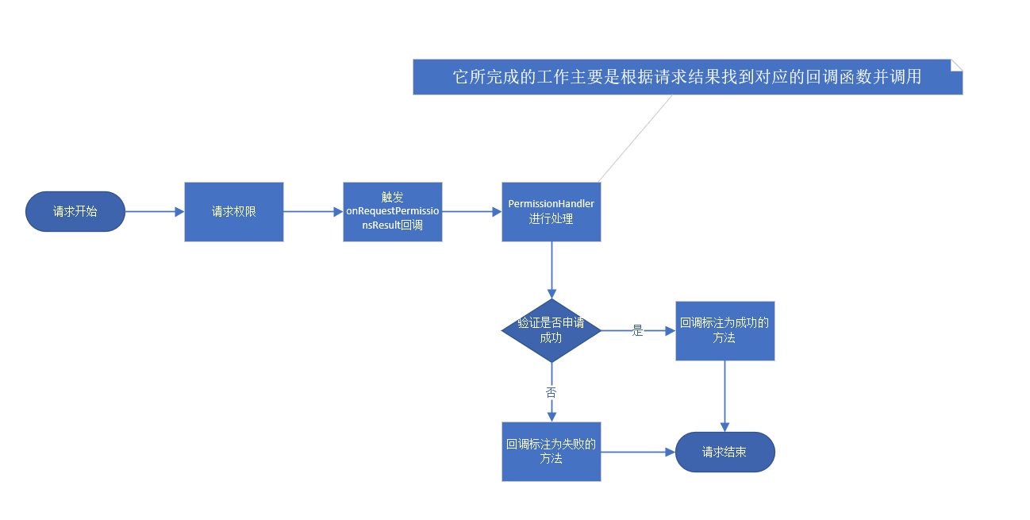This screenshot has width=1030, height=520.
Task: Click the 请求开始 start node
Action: (75, 212)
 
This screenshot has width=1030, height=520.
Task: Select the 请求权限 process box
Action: (234, 212)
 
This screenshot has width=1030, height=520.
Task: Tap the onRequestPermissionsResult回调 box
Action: (393, 212)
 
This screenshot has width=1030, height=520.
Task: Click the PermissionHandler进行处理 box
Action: (552, 212)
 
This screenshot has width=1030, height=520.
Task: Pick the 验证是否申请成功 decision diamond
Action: (552, 330)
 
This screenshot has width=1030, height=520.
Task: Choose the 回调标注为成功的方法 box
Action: (725, 331)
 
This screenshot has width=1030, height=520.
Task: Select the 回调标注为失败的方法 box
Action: (552, 452)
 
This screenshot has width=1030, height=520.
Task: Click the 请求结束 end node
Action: (725, 452)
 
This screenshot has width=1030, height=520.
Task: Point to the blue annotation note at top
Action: (688, 77)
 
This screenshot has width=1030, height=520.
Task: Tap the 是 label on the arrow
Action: (637, 330)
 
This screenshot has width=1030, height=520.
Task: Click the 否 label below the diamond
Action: (552, 392)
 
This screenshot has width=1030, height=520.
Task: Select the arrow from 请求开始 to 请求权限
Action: (155, 212)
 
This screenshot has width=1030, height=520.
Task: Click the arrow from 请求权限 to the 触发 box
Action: (313, 212)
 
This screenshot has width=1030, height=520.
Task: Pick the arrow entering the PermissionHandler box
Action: (472, 212)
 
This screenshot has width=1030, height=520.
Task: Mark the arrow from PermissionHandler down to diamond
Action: (552, 270)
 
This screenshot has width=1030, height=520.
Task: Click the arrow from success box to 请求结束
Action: (725, 396)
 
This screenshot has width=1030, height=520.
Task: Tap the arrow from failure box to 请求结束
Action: (638, 452)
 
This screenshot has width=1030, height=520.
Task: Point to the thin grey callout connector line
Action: (636, 138)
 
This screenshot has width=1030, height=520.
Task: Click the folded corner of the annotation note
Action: (957, 65)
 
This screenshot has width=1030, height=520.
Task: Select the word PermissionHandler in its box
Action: (552, 204)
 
